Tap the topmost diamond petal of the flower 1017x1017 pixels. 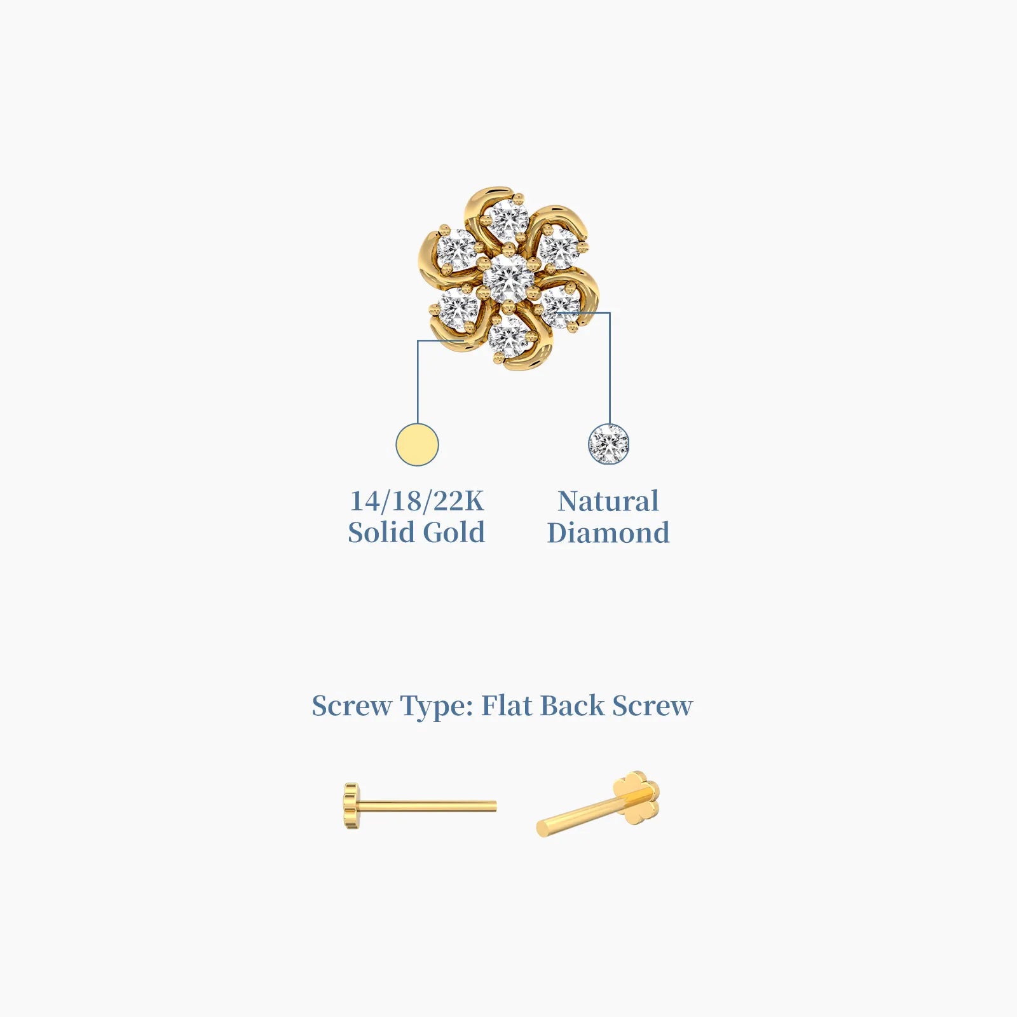[509, 220]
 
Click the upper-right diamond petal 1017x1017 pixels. [559, 248]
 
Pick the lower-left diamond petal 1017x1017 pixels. [458, 308]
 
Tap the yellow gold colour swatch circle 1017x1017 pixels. [417, 444]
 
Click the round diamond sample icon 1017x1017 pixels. [608, 444]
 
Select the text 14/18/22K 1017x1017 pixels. [416, 501]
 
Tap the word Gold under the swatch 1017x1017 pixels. [454, 532]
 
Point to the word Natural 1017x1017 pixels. [608, 501]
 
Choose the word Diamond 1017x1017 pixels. [608, 533]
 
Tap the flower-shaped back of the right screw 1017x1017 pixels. [636, 797]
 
